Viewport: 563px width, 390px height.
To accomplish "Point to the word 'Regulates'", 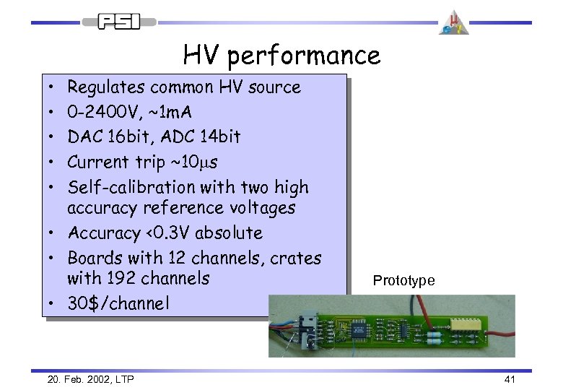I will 106,87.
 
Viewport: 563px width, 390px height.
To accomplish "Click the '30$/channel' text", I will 118,303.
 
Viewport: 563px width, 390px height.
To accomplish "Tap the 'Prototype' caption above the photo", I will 403,281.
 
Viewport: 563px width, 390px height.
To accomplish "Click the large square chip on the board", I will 359,329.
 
